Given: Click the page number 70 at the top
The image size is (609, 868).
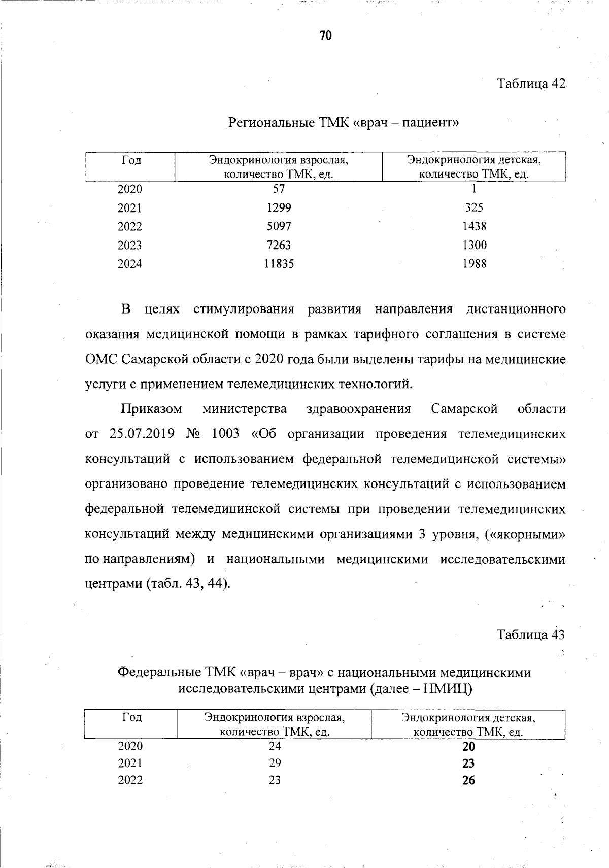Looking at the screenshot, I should (325, 35).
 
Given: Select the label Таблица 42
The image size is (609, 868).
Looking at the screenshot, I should (530, 84).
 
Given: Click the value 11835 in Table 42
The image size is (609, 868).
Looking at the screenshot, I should (279, 264).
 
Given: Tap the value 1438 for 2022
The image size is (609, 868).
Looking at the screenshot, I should (474, 226).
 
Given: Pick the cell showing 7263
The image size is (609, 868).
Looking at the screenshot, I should (279, 245).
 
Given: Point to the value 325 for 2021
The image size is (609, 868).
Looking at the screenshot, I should (474, 207).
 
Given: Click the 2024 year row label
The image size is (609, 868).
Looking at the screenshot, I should (130, 264).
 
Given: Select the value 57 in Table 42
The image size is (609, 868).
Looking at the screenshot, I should (279, 189).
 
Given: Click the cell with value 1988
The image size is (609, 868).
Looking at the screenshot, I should (474, 264).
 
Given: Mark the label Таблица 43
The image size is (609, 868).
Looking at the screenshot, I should (530, 635).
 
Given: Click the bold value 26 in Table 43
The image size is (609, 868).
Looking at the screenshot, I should (468, 781).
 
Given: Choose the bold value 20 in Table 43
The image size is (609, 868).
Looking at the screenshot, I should (468, 747).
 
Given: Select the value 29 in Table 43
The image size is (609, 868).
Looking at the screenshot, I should (275, 763).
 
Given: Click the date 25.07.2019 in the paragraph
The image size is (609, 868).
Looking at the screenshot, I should (142, 434).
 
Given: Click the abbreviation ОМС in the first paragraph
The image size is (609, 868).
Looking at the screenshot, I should (101, 359).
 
